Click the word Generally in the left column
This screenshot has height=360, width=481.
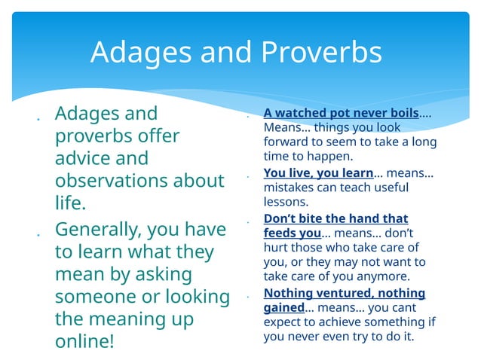[x=97, y=228]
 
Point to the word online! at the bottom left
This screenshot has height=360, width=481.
[x=84, y=340]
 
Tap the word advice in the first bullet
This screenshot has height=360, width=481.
[x=81, y=159]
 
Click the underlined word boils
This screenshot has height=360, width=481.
[x=400, y=113]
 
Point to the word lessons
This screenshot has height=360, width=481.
[x=286, y=202]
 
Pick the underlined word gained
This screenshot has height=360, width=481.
[x=283, y=307]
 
